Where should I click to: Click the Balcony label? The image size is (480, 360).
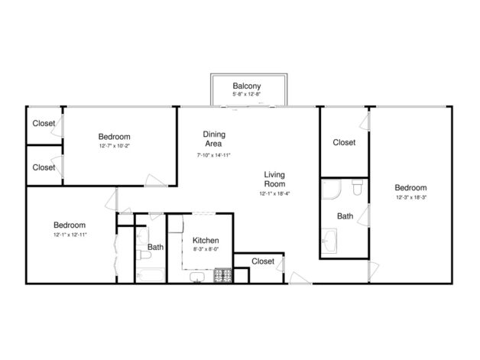(x=247, y=86)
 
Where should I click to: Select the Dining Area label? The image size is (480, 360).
(x=214, y=138)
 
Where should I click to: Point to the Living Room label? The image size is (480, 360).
(x=274, y=179)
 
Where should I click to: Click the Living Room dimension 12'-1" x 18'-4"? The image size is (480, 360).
(x=274, y=194)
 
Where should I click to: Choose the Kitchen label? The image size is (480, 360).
(x=206, y=239)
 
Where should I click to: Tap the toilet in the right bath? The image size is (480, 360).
(x=357, y=186)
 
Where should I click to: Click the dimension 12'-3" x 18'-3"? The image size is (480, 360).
(x=410, y=197)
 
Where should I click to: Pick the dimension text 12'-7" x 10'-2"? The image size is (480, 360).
(x=114, y=145)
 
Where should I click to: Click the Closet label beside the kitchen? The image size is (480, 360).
(x=262, y=261)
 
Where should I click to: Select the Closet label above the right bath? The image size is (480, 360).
(x=344, y=142)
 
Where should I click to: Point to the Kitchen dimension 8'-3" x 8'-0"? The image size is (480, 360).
(x=206, y=248)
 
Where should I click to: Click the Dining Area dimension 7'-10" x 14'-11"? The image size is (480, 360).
(x=214, y=155)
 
